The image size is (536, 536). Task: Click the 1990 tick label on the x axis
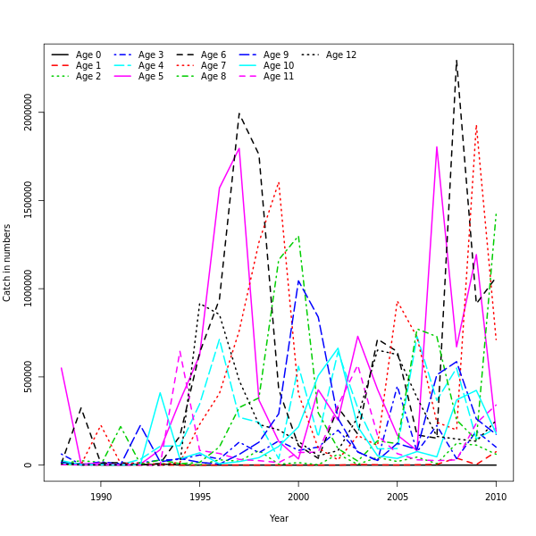tap(100, 497)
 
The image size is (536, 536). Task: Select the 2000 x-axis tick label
tap(298, 497)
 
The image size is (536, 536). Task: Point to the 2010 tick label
tap(496, 497)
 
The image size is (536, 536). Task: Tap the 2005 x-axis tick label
tap(397, 497)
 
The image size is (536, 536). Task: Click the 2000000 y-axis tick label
tap(29, 113)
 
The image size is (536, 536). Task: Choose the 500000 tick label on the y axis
tap(29, 377)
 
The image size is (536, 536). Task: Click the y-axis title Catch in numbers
tap(8, 263)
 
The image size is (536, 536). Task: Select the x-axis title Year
tap(279, 518)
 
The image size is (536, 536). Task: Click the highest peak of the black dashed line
tap(456, 60)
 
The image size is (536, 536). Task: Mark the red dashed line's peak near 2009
tap(476, 125)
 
